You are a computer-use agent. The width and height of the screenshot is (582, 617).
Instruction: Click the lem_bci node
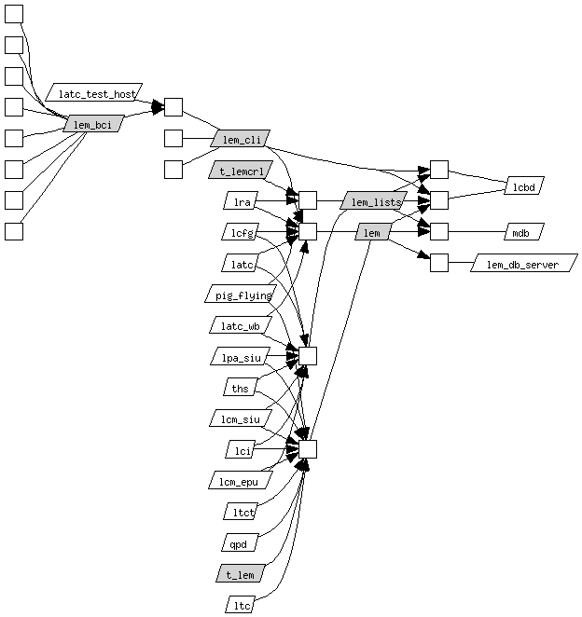(92, 123)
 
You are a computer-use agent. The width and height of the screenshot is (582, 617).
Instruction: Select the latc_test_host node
(95, 93)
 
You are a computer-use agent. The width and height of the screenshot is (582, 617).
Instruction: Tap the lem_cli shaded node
(241, 140)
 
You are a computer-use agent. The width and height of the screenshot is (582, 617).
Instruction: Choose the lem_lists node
(374, 201)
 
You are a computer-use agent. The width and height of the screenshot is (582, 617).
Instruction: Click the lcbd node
(523, 186)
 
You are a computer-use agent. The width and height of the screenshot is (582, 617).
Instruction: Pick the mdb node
(522, 232)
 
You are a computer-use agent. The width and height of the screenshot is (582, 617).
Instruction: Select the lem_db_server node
(523, 264)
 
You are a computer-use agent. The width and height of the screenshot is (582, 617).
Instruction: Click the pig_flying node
(239, 295)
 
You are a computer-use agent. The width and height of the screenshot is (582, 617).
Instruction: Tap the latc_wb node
(240, 326)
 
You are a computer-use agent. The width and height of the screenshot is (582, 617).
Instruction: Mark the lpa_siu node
(240, 357)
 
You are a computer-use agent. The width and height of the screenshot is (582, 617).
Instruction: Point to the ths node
(240, 388)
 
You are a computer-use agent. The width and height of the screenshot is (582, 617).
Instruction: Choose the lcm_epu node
(239, 481)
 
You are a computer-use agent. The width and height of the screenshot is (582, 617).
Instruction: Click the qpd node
(240, 542)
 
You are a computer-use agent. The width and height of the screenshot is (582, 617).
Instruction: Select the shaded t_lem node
(241, 573)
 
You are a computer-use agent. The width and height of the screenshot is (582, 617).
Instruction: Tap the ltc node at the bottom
(241, 605)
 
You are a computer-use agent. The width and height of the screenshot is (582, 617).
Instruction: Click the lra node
(241, 201)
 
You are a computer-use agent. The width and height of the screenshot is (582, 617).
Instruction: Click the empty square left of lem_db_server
(439, 263)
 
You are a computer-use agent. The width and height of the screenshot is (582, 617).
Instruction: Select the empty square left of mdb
(439, 232)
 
